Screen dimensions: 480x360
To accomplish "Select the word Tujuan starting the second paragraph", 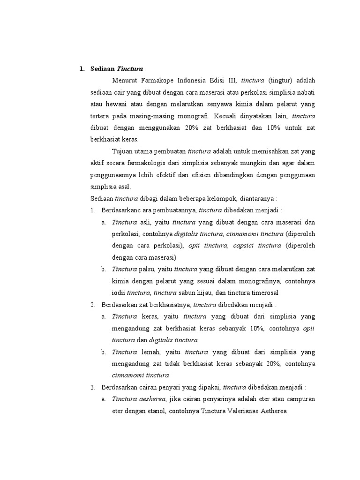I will point(123,151).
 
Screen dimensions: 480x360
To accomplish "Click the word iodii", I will point(119,292).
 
